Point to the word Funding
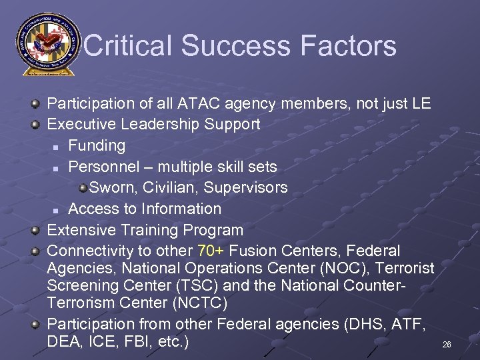click(x=97, y=145)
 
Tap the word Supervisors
click(x=251, y=187)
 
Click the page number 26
click(x=447, y=345)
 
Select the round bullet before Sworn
click(x=83, y=188)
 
